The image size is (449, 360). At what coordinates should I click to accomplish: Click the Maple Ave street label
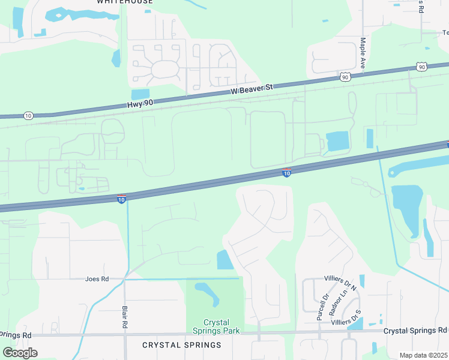tap(363, 53)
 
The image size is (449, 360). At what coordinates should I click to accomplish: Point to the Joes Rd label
tap(97, 279)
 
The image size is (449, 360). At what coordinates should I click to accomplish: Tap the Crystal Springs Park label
tap(216, 326)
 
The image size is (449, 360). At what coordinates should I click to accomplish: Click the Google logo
tap(20, 353)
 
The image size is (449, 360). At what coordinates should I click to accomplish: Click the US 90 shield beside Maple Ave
tap(345, 77)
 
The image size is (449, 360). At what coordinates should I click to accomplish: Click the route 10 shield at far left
tap(28, 115)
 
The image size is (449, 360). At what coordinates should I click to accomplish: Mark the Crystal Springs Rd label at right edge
tap(416, 331)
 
